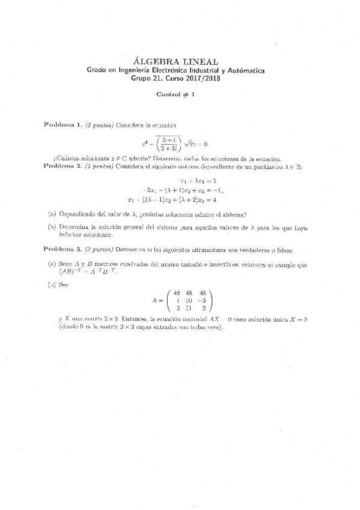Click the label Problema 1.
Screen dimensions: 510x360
tap(63, 124)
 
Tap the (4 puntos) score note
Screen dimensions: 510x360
tap(99, 166)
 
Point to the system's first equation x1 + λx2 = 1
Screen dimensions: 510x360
tap(198, 180)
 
